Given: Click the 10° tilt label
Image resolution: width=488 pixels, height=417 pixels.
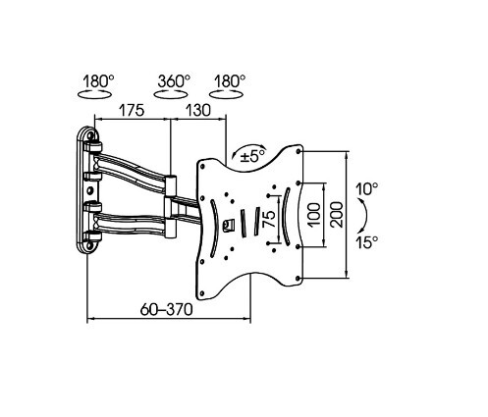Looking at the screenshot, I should coord(367,187).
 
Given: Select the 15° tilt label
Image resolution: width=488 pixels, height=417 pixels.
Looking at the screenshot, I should coord(367,242).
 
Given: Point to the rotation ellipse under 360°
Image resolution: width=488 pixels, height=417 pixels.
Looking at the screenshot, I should coord(174,96).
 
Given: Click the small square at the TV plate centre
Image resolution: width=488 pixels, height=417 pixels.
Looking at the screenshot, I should coord(231,225).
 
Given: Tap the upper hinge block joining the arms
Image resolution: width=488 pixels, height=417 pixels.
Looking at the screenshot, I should coord(172,183).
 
